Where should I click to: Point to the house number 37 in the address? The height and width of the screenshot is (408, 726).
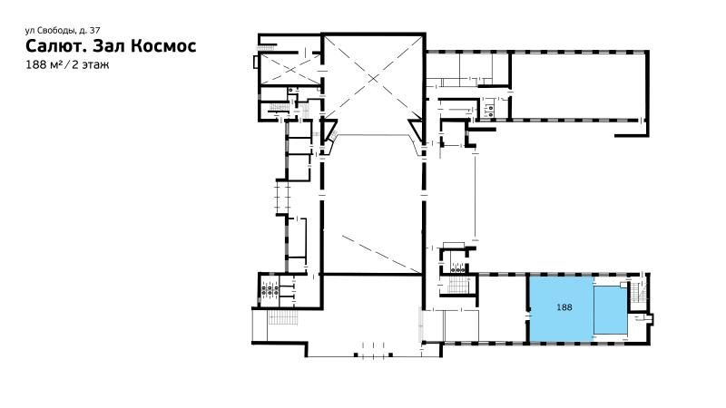tap(94, 31)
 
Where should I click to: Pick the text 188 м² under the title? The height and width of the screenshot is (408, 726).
tap(44, 64)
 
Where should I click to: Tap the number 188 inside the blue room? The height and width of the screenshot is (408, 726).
tap(564, 307)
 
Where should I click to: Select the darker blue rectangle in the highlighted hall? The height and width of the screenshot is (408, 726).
tap(610, 309)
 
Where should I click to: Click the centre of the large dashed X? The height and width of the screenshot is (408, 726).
tap(373, 79)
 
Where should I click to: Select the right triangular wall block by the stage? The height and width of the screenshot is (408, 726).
tap(416, 131)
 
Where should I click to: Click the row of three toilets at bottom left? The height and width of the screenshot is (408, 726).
tap(270, 291)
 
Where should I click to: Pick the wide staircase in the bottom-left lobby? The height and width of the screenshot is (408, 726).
tap(283, 318)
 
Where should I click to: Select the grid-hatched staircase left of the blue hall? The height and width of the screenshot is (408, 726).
tap(458, 285)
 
